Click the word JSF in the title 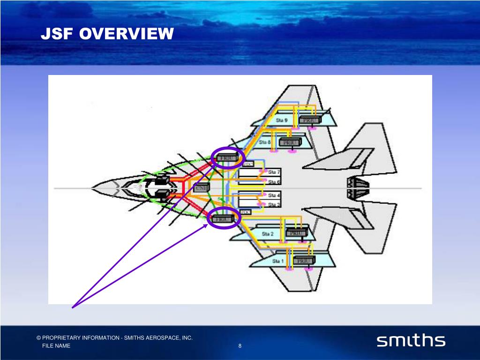pyautogui.click(x=57, y=34)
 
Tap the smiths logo pyautogui.click(x=411, y=341)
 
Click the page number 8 pyautogui.click(x=240, y=346)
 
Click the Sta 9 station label pyautogui.click(x=282, y=120)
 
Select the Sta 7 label pyautogui.click(x=274, y=172)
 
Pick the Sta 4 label pyautogui.click(x=274, y=195)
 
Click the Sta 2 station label pyautogui.click(x=268, y=233)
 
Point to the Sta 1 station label pyautogui.click(x=278, y=261)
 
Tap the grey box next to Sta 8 pyautogui.click(x=287, y=142)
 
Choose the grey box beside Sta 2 pyautogui.click(x=297, y=233)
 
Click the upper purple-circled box pyautogui.click(x=228, y=157)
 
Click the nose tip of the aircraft pyautogui.click(x=92, y=188)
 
